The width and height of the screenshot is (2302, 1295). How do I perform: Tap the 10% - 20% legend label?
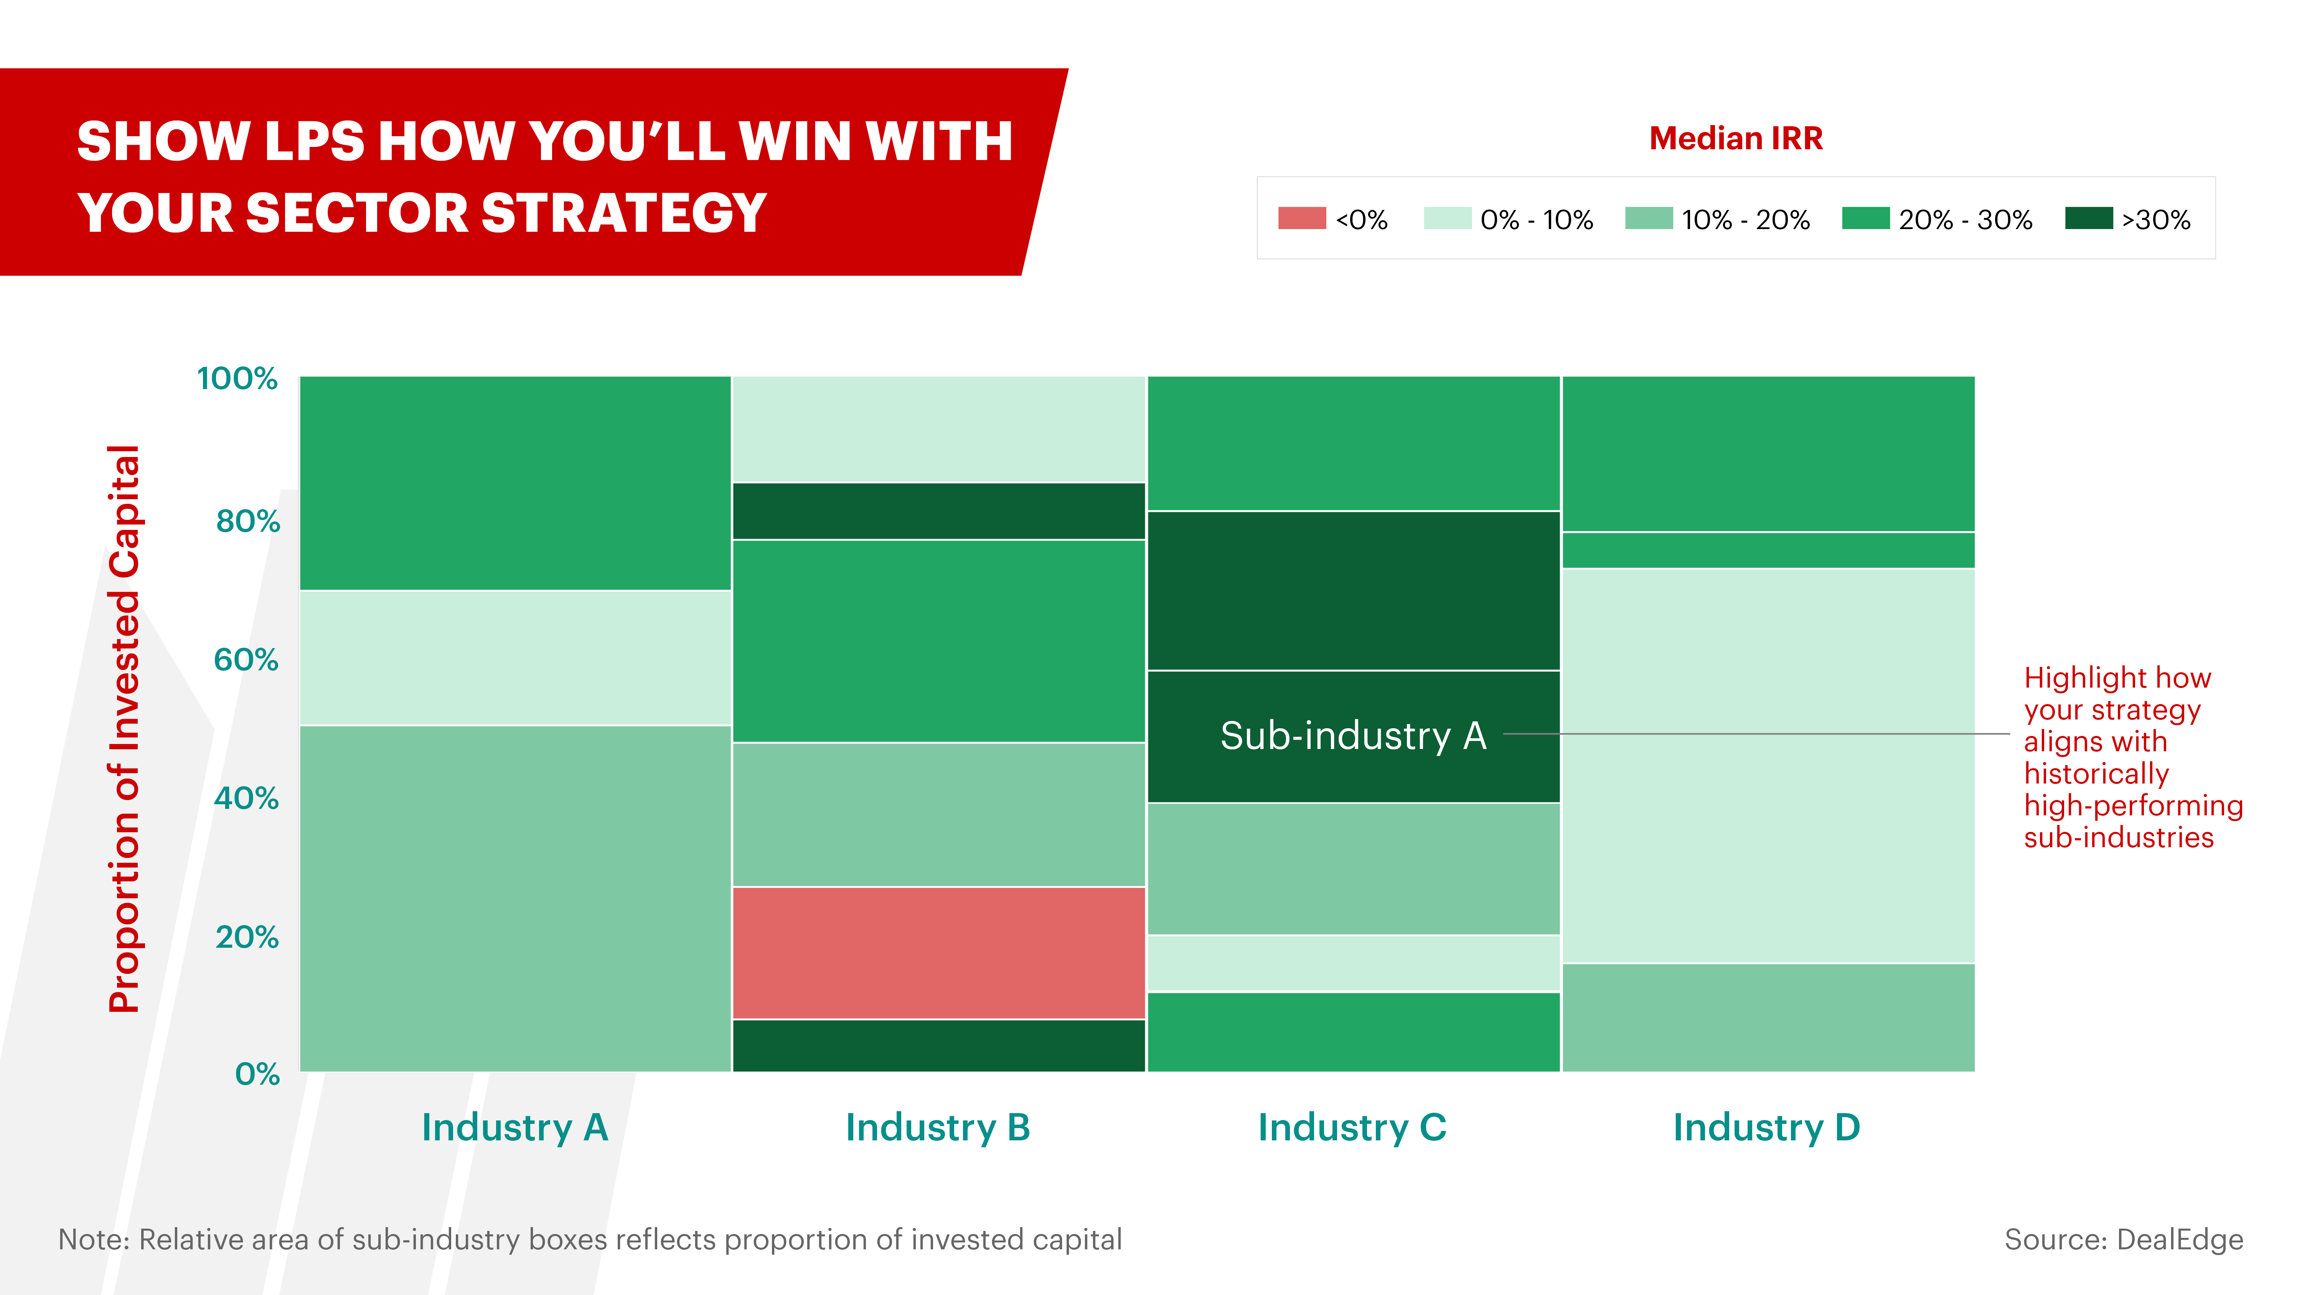pos(1745,220)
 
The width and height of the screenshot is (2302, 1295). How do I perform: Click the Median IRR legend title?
pos(1735,139)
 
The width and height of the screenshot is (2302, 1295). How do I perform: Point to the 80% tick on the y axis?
pos(247,521)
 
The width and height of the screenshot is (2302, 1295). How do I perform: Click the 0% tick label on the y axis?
pos(257,1073)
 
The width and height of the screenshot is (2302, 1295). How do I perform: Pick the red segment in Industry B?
pos(938,953)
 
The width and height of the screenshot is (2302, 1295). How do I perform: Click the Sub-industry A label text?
pos(1353,736)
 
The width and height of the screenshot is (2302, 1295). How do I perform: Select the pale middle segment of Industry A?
pos(515,658)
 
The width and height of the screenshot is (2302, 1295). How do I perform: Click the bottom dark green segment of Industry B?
pos(938,1046)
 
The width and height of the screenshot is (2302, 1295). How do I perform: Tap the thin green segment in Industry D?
pos(1768,551)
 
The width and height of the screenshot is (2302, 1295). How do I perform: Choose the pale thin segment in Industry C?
pos(1353,963)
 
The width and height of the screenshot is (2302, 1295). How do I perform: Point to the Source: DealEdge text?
pos(2123,1240)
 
